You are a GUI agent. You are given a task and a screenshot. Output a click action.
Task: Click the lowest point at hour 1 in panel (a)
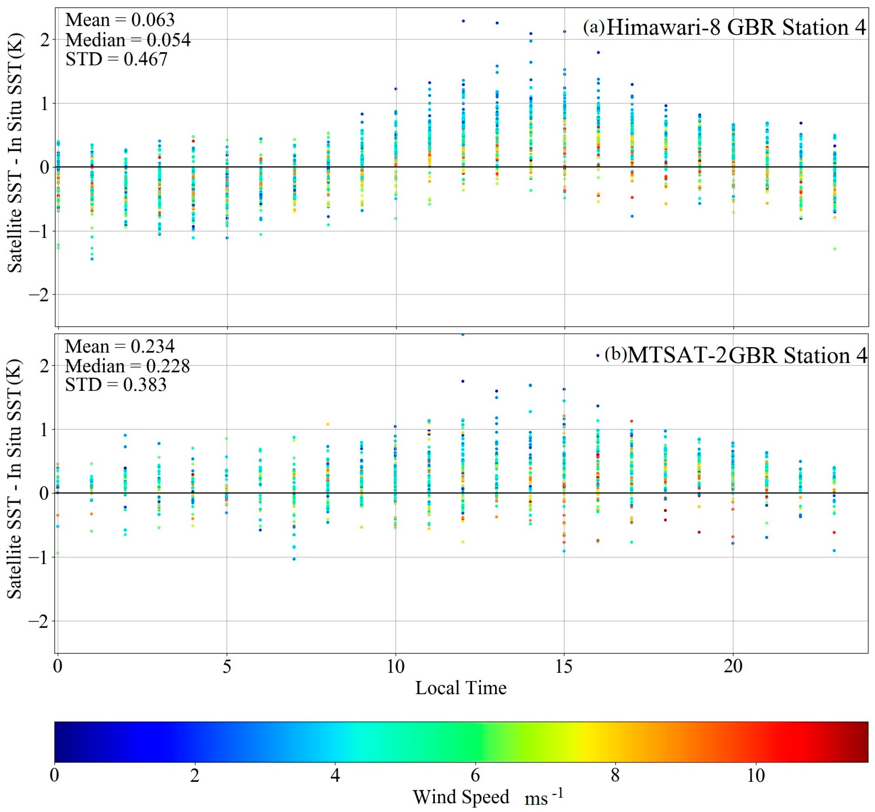click(92, 259)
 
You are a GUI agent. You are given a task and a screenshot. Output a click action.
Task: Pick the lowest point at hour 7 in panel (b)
click(294, 559)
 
